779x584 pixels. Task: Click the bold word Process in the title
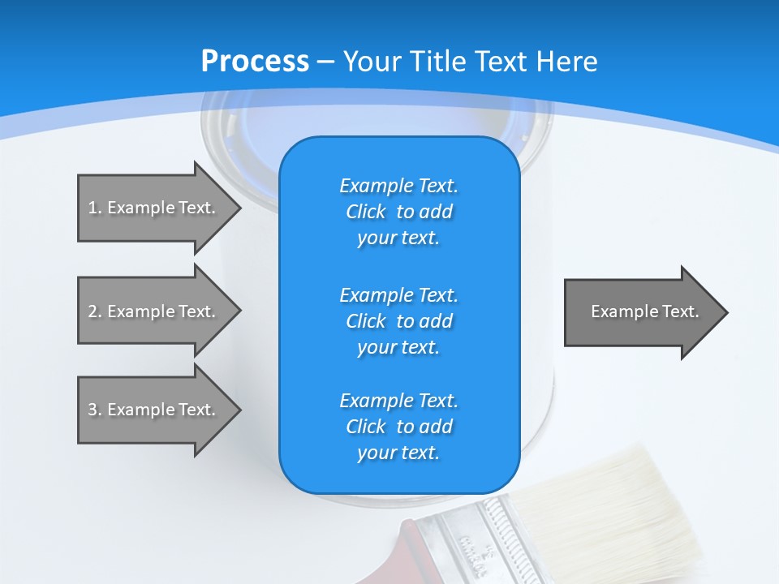pyautogui.click(x=255, y=62)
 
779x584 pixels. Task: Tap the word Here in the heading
pyautogui.click(x=566, y=62)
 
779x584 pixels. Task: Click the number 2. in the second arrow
pyautogui.click(x=94, y=311)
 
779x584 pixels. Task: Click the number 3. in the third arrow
pyautogui.click(x=94, y=410)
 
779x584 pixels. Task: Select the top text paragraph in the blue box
pyautogui.click(x=398, y=211)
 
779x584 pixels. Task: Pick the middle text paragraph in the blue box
pyautogui.click(x=398, y=320)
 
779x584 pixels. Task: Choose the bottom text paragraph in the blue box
pyautogui.click(x=398, y=426)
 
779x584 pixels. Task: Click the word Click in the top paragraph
pyautogui.click(x=365, y=212)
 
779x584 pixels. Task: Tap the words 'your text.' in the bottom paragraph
pyautogui.click(x=398, y=453)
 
